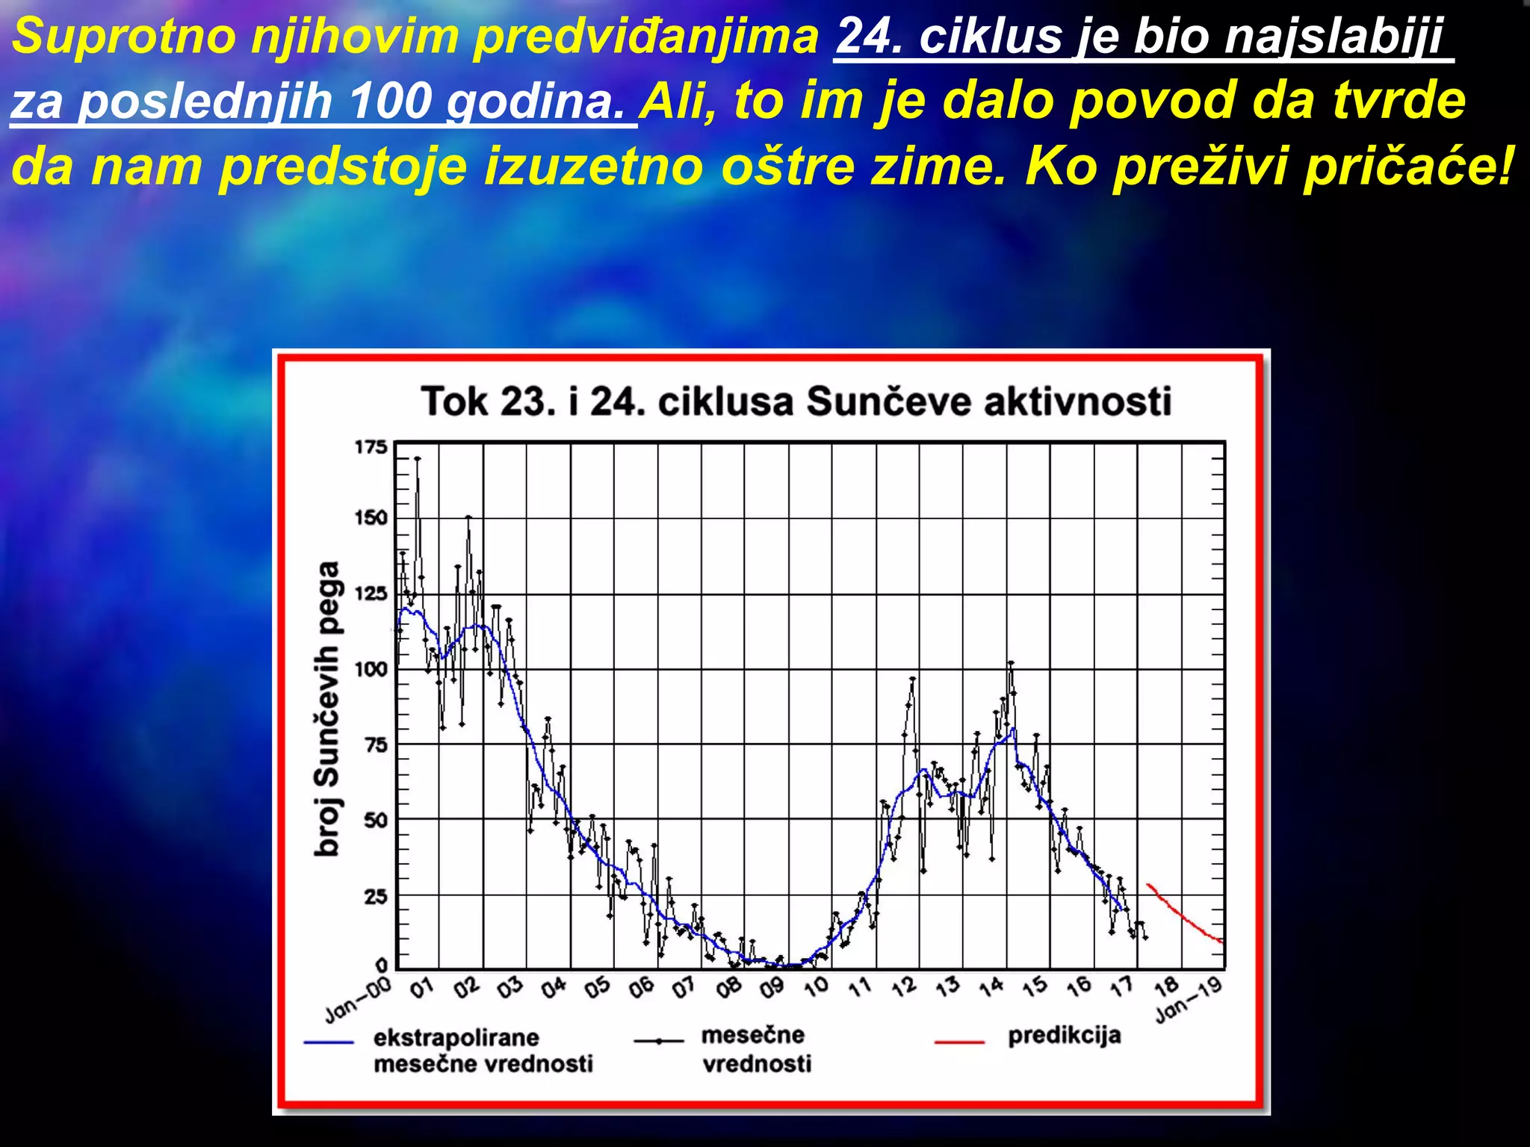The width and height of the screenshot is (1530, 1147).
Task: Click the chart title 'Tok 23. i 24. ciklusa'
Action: [x=796, y=401]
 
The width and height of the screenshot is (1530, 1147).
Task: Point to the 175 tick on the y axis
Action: [x=371, y=447]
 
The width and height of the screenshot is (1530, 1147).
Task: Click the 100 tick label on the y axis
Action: [x=371, y=669]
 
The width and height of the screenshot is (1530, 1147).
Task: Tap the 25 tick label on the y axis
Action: [x=376, y=895]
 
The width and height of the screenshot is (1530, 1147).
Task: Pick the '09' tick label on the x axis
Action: [x=772, y=988]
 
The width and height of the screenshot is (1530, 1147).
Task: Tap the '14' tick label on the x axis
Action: [x=991, y=988]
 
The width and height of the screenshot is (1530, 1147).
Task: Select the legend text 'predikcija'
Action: [x=1065, y=1035]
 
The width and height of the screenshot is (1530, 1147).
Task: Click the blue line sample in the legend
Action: [x=329, y=1042]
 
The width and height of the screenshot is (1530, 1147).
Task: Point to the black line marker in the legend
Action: [x=658, y=1040]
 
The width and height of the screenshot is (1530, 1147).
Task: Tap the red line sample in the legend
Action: [x=959, y=1041]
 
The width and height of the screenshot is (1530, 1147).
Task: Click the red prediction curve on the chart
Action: [x=1184, y=916]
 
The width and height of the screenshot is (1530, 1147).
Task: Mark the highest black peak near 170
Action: [x=418, y=459]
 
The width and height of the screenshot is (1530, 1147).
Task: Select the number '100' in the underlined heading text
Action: [x=390, y=101]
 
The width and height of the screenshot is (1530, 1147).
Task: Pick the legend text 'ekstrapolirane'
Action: [x=456, y=1037]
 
